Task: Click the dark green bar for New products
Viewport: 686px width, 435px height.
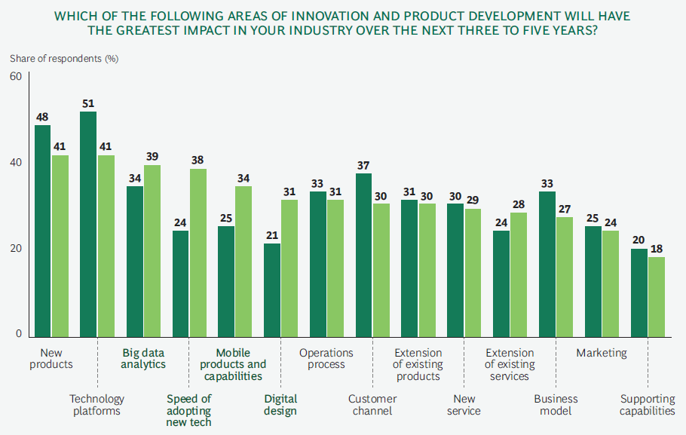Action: [x=42, y=230]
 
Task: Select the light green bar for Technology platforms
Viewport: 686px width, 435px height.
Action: [x=106, y=245]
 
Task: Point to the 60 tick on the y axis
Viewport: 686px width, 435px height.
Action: [x=16, y=76]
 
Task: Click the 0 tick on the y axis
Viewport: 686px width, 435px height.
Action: [x=19, y=334]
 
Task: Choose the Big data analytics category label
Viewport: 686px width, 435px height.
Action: [x=144, y=358]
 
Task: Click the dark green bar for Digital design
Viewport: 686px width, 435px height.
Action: [x=271, y=289]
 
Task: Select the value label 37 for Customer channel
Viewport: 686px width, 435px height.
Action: [x=363, y=165]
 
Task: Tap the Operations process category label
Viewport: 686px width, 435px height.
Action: [x=326, y=358]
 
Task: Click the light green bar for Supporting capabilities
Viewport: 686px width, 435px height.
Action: [x=657, y=297]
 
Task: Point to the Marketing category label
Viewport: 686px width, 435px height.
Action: [x=602, y=353]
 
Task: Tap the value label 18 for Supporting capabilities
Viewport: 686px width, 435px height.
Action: [x=657, y=249]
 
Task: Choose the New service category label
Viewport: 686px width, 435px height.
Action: [x=463, y=405]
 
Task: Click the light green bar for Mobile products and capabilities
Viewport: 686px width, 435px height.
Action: [x=243, y=261]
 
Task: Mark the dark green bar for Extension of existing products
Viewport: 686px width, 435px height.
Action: [x=409, y=268]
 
